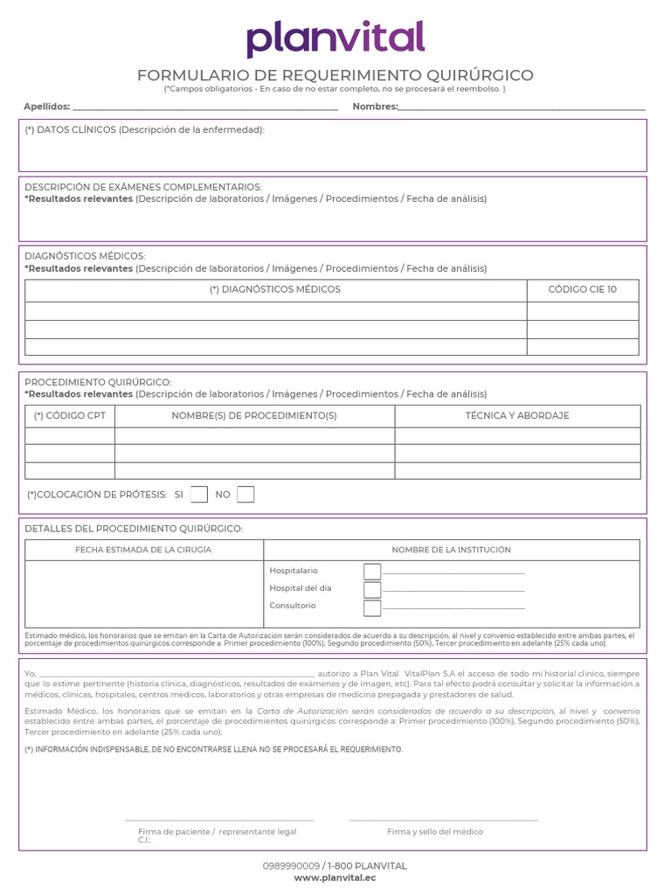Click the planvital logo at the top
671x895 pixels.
click(x=335, y=39)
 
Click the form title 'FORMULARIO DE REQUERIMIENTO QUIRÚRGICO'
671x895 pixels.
click(x=335, y=76)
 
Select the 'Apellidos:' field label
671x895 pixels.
click(x=46, y=107)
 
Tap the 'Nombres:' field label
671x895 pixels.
click(x=375, y=107)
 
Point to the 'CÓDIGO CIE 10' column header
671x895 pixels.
click(x=582, y=289)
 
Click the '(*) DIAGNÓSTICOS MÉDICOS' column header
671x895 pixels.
click(x=275, y=289)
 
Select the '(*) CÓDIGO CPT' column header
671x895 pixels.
click(x=70, y=416)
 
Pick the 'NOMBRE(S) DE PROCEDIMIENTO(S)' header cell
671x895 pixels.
click(x=254, y=416)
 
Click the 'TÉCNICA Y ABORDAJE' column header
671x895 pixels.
click(x=517, y=416)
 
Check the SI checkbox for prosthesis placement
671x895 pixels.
click(x=199, y=495)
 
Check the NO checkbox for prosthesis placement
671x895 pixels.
click(x=246, y=495)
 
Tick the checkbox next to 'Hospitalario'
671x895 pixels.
click(x=372, y=572)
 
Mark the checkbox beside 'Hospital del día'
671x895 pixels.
click(x=372, y=589)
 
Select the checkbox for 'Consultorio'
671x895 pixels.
click(x=372, y=607)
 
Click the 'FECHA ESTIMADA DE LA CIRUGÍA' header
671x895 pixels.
click(x=143, y=550)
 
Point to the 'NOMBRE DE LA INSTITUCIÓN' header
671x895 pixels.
click(x=451, y=550)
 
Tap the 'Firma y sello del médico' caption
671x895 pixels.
click(x=435, y=832)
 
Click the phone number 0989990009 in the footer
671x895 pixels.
click(x=291, y=866)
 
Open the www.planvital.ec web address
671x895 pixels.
click(x=335, y=878)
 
